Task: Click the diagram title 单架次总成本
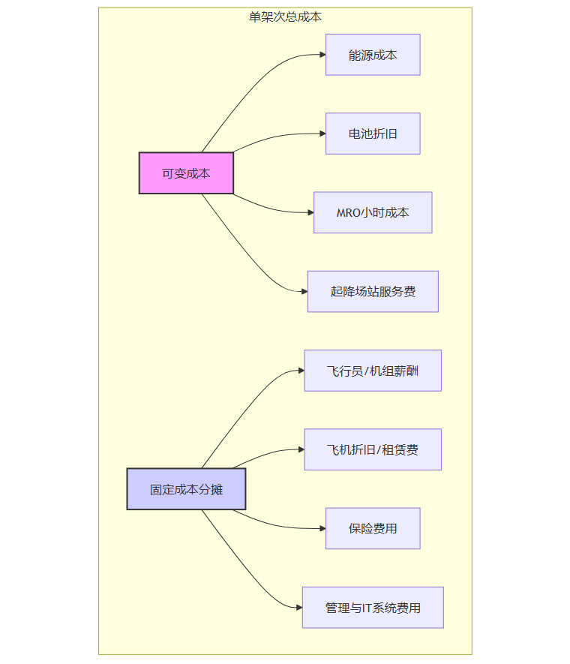tap(285, 17)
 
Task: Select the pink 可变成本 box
tap(186, 173)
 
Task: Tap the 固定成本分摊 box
tap(186, 489)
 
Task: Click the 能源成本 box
tap(373, 55)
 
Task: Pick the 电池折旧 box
tap(373, 134)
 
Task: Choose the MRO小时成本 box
tap(373, 212)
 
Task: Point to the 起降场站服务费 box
tap(373, 292)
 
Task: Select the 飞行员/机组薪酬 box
tap(373, 371)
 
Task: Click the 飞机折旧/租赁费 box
tap(373, 449)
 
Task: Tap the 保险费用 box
tap(373, 528)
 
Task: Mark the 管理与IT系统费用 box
tap(373, 608)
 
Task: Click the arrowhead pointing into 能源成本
tap(322, 55)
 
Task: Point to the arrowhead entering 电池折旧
tap(322, 134)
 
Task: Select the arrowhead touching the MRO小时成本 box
tap(310, 212)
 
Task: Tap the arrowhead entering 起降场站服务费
tap(304, 292)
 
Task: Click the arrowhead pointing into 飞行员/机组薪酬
tap(300, 371)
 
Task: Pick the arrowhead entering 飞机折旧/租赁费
tap(300, 449)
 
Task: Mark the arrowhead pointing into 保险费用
tap(322, 528)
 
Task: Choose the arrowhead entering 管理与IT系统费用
tap(298, 608)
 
